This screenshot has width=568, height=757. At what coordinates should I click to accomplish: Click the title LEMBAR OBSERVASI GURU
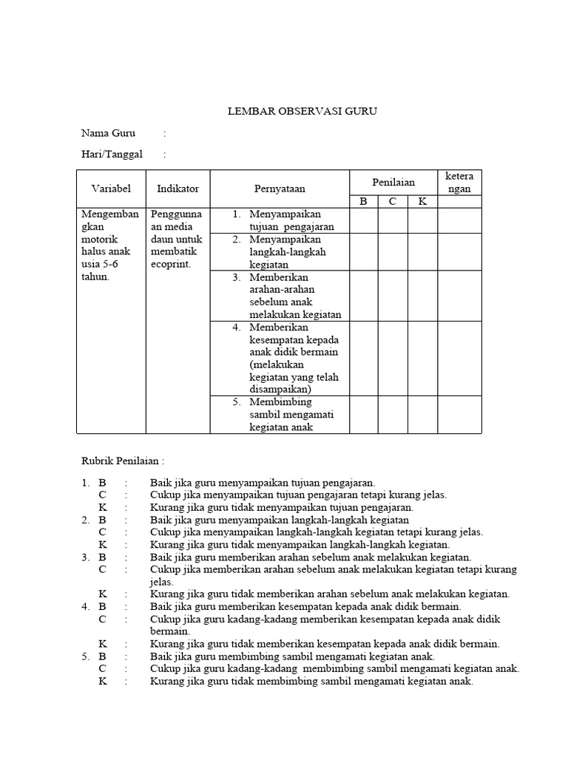[302, 112]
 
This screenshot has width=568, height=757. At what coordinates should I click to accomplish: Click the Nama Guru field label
[108, 134]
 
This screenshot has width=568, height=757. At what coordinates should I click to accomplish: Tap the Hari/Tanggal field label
[112, 155]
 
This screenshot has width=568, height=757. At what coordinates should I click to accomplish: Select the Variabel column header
[111, 189]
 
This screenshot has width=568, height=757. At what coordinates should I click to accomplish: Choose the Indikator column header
[177, 189]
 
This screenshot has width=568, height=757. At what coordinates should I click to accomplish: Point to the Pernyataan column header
[280, 189]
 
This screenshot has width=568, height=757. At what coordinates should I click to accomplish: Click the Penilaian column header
[393, 182]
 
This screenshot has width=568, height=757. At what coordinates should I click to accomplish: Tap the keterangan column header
[459, 182]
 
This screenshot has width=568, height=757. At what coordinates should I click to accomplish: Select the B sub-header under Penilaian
[363, 201]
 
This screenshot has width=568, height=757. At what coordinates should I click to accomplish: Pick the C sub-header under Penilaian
[393, 201]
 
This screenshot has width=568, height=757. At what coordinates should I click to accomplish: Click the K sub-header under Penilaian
[422, 201]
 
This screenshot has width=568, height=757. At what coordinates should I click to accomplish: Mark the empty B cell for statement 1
[363, 220]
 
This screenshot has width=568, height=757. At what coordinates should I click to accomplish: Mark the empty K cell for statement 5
[422, 414]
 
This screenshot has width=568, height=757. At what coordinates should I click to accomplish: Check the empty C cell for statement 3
[393, 296]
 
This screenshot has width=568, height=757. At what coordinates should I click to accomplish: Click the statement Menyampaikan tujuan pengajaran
[291, 220]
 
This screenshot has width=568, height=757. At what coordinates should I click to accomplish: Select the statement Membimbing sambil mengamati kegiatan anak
[291, 414]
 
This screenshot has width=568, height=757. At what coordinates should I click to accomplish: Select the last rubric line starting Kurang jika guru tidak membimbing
[311, 681]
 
